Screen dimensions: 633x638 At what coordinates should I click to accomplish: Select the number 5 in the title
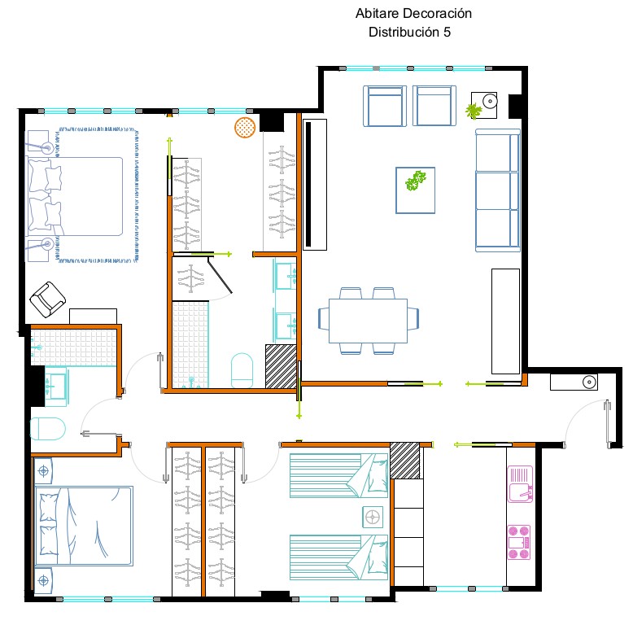[447, 33]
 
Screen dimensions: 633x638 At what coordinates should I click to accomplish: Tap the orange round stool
[245, 127]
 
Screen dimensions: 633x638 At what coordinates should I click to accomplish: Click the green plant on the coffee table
[415, 181]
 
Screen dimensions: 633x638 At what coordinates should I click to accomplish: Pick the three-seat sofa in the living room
[498, 190]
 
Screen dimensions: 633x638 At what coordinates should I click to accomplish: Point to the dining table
[368, 321]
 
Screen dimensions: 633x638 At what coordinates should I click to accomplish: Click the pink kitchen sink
[520, 484]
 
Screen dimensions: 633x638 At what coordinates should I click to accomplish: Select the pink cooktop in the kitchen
[519, 542]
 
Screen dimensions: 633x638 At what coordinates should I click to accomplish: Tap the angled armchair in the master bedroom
[47, 299]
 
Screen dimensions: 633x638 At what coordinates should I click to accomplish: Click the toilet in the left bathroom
[47, 428]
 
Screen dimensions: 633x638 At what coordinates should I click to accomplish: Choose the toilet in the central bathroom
[242, 369]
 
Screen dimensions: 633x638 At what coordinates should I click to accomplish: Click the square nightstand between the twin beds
[373, 518]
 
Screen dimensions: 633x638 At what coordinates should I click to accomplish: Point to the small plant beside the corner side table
[474, 111]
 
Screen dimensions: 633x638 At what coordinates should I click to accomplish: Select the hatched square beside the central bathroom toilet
[281, 366]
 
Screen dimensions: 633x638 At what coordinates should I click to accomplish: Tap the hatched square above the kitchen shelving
[405, 461]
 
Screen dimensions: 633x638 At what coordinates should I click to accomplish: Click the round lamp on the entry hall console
[589, 382]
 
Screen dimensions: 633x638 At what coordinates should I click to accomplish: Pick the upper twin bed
[338, 476]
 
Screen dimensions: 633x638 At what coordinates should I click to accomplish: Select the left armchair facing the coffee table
[384, 106]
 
